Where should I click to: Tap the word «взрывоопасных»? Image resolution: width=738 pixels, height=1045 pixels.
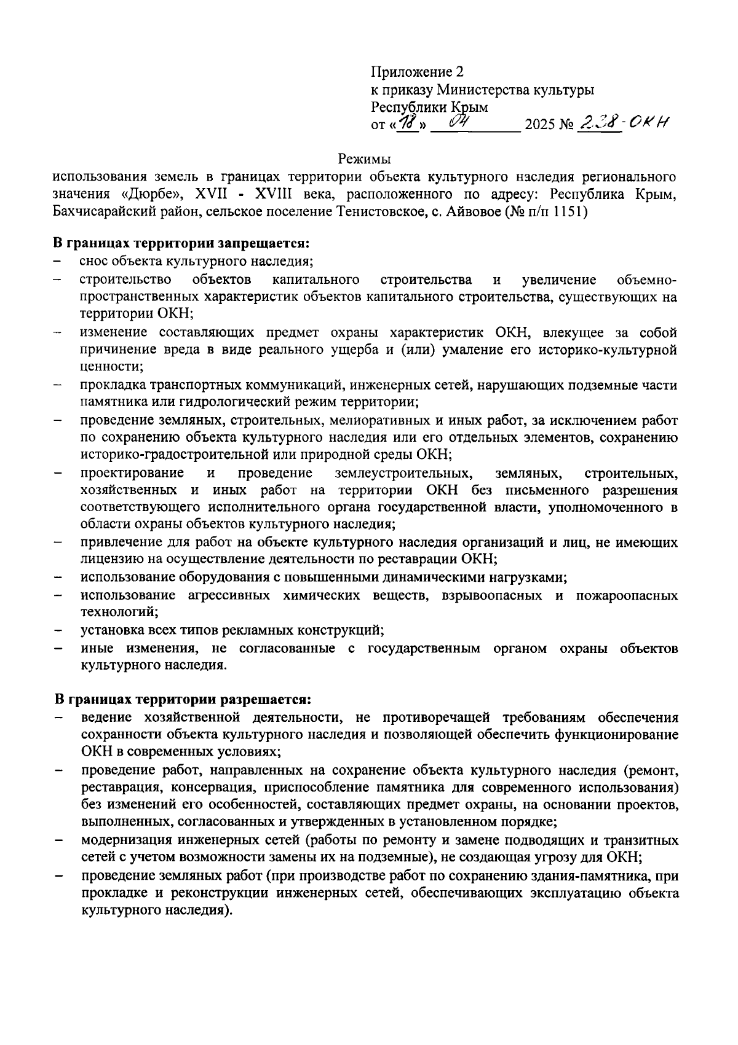(494, 596)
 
